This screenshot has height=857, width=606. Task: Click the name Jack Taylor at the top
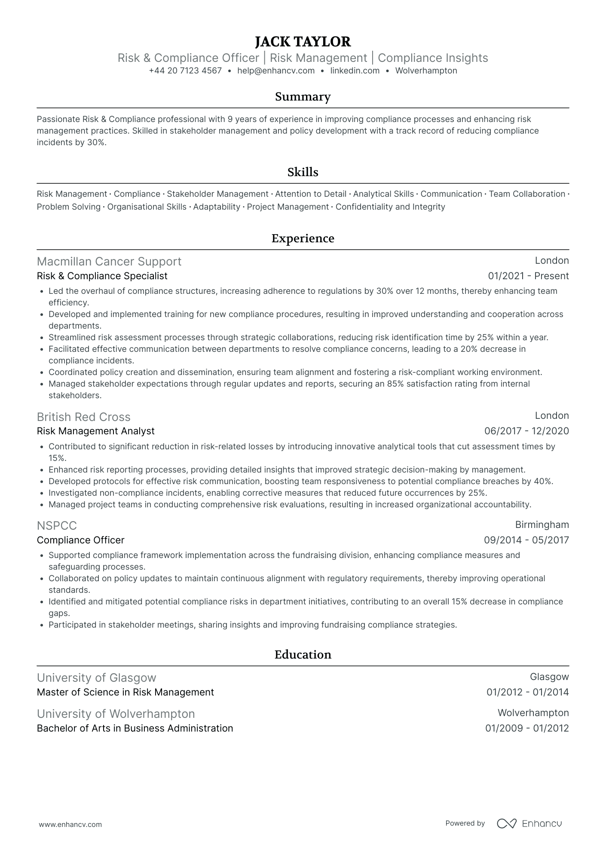[303, 42]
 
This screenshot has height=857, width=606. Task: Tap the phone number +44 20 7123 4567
[185, 71]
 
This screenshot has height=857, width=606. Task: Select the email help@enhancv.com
[276, 71]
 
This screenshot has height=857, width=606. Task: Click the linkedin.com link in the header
[355, 71]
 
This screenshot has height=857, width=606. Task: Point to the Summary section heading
[303, 97]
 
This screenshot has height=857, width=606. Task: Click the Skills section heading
[303, 172]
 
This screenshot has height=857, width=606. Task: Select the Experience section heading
[303, 238]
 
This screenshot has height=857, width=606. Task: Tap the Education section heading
[303, 655]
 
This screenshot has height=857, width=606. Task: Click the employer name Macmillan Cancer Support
[109, 262]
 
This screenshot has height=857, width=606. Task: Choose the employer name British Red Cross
[83, 417]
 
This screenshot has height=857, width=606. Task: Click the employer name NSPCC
[57, 526]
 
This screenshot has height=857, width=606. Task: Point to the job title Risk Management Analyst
[95, 431]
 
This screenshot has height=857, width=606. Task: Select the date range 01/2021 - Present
[528, 276]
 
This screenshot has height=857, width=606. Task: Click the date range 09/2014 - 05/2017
[526, 540]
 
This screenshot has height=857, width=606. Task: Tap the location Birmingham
[542, 525]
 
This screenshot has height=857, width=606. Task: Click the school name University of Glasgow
[96, 678]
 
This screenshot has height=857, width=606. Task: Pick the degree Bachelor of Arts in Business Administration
[135, 729]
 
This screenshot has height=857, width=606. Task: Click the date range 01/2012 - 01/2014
[527, 692]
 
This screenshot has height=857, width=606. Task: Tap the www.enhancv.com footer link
[70, 824]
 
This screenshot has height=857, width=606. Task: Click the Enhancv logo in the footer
[529, 823]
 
